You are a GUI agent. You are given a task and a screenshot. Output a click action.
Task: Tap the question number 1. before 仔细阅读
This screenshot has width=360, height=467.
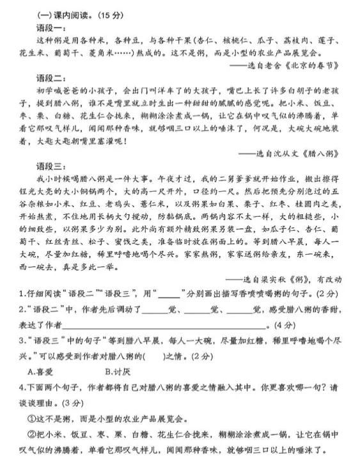coord(20,294)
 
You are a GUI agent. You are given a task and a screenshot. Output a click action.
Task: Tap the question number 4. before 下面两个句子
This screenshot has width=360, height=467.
coord(20,386)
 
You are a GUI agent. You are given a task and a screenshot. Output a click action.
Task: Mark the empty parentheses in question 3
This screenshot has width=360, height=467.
coord(152,355)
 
